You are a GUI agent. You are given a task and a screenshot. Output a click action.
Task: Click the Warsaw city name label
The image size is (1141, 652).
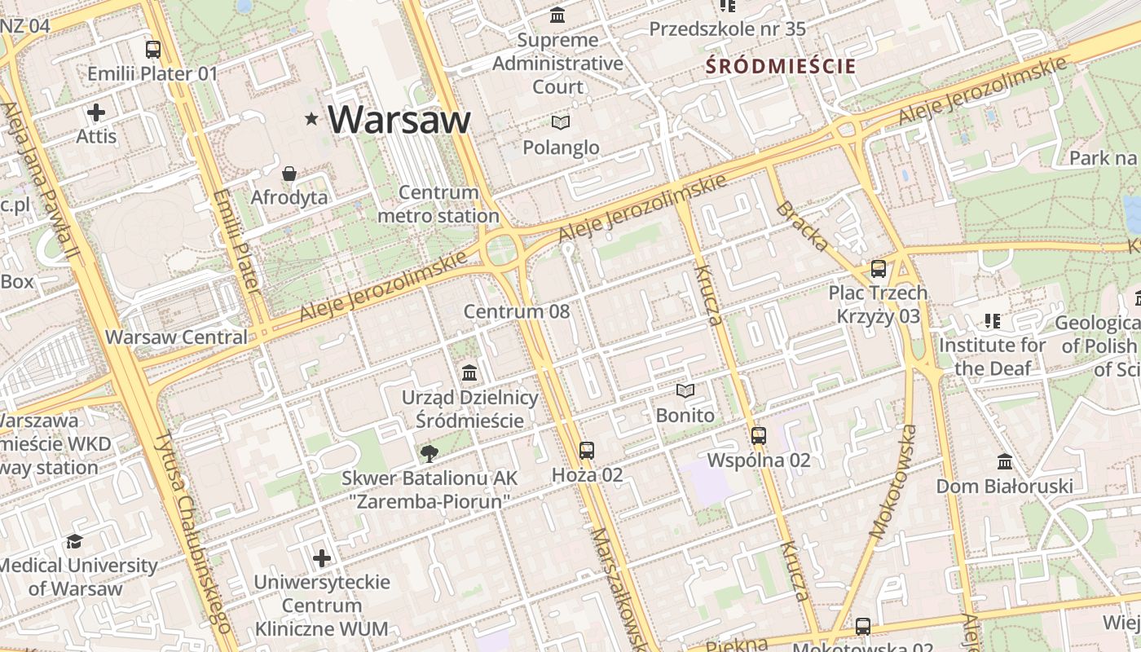pyautogui.click(x=399, y=120)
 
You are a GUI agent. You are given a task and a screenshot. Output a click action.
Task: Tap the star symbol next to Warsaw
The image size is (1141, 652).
pyautogui.click(x=311, y=120)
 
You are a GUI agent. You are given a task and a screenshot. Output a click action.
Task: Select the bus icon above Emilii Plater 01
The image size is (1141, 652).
pyautogui.click(x=153, y=50)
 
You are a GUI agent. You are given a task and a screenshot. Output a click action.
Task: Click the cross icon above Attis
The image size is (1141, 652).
pyautogui.click(x=96, y=112)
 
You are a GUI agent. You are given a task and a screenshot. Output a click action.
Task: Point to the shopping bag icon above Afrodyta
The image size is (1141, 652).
pyautogui.click(x=289, y=174)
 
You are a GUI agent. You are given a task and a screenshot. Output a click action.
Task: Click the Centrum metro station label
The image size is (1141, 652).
pyautogui.click(x=438, y=205)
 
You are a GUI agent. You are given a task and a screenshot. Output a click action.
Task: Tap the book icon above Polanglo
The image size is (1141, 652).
pyautogui.click(x=560, y=123)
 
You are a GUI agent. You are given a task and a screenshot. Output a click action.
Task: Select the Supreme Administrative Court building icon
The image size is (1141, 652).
pyautogui.click(x=558, y=15)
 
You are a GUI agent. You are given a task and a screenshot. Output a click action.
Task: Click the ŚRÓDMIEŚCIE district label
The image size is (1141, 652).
pyautogui.click(x=781, y=67)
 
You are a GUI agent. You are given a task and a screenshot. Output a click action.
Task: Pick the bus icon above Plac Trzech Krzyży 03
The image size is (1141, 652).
pyautogui.click(x=878, y=268)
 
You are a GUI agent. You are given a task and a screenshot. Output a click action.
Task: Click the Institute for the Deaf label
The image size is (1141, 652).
pyautogui.click(x=992, y=356)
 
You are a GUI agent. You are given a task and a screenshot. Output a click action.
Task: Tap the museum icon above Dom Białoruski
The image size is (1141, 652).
pyautogui.click(x=1005, y=462)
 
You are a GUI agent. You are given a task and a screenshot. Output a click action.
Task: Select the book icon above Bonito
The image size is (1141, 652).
pyautogui.click(x=685, y=391)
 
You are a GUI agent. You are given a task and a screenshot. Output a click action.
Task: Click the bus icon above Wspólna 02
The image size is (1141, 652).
pyautogui.click(x=759, y=436)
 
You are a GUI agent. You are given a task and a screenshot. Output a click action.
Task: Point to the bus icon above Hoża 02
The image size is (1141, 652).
pyautogui.click(x=587, y=450)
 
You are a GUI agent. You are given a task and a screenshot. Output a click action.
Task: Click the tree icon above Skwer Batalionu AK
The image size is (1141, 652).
pyautogui.click(x=429, y=454)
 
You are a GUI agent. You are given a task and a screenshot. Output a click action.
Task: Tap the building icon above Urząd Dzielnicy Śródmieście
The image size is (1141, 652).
pyautogui.click(x=469, y=373)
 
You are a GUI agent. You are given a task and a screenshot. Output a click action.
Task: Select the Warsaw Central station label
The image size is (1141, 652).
pyautogui.click(x=176, y=337)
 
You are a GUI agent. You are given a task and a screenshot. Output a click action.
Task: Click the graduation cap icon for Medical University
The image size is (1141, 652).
pyautogui.click(x=75, y=541)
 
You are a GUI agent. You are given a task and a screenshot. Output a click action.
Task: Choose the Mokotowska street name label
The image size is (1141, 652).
pyautogui.click(x=893, y=481)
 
